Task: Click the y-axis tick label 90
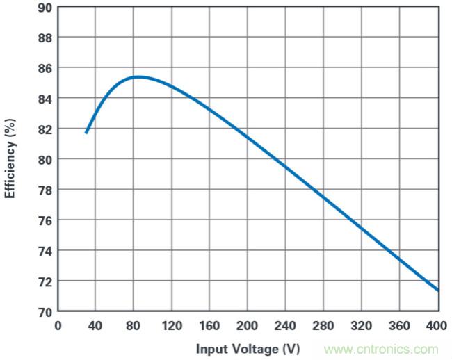click(x=44, y=7)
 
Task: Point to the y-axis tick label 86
click(x=44, y=68)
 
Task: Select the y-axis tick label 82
click(x=44, y=129)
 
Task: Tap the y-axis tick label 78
click(x=44, y=190)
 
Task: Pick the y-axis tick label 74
click(x=44, y=250)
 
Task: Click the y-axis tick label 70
click(x=44, y=311)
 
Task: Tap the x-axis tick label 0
click(x=58, y=325)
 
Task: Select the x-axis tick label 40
click(x=95, y=325)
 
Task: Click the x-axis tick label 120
click(x=172, y=325)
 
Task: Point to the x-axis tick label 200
click(x=248, y=325)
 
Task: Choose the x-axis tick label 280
click(x=324, y=325)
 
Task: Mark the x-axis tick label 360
click(x=400, y=325)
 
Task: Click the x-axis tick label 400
click(x=437, y=325)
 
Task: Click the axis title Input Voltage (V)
click(x=248, y=348)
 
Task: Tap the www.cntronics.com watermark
click(x=381, y=349)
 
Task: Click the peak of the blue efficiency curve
click(x=138, y=76)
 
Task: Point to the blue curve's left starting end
click(x=86, y=133)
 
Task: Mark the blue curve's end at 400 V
click(x=438, y=291)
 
